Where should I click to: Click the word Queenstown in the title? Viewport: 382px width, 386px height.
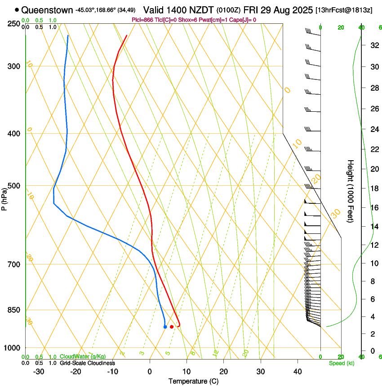[47, 10]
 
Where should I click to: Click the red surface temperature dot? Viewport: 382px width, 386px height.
[172, 327]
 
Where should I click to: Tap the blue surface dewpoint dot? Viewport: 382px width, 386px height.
[165, 327]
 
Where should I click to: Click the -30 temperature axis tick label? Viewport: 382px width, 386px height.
[39, 372]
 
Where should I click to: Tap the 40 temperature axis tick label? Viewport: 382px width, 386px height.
[298, 372]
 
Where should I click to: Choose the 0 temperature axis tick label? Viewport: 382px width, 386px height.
[150, 372]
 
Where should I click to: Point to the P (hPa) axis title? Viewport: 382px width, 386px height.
[4, 199]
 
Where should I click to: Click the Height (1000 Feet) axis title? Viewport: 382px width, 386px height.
[351, 191]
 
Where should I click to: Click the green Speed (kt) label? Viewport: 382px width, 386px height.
[342, 363]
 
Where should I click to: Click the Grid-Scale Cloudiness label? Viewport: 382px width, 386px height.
[87, 363]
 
